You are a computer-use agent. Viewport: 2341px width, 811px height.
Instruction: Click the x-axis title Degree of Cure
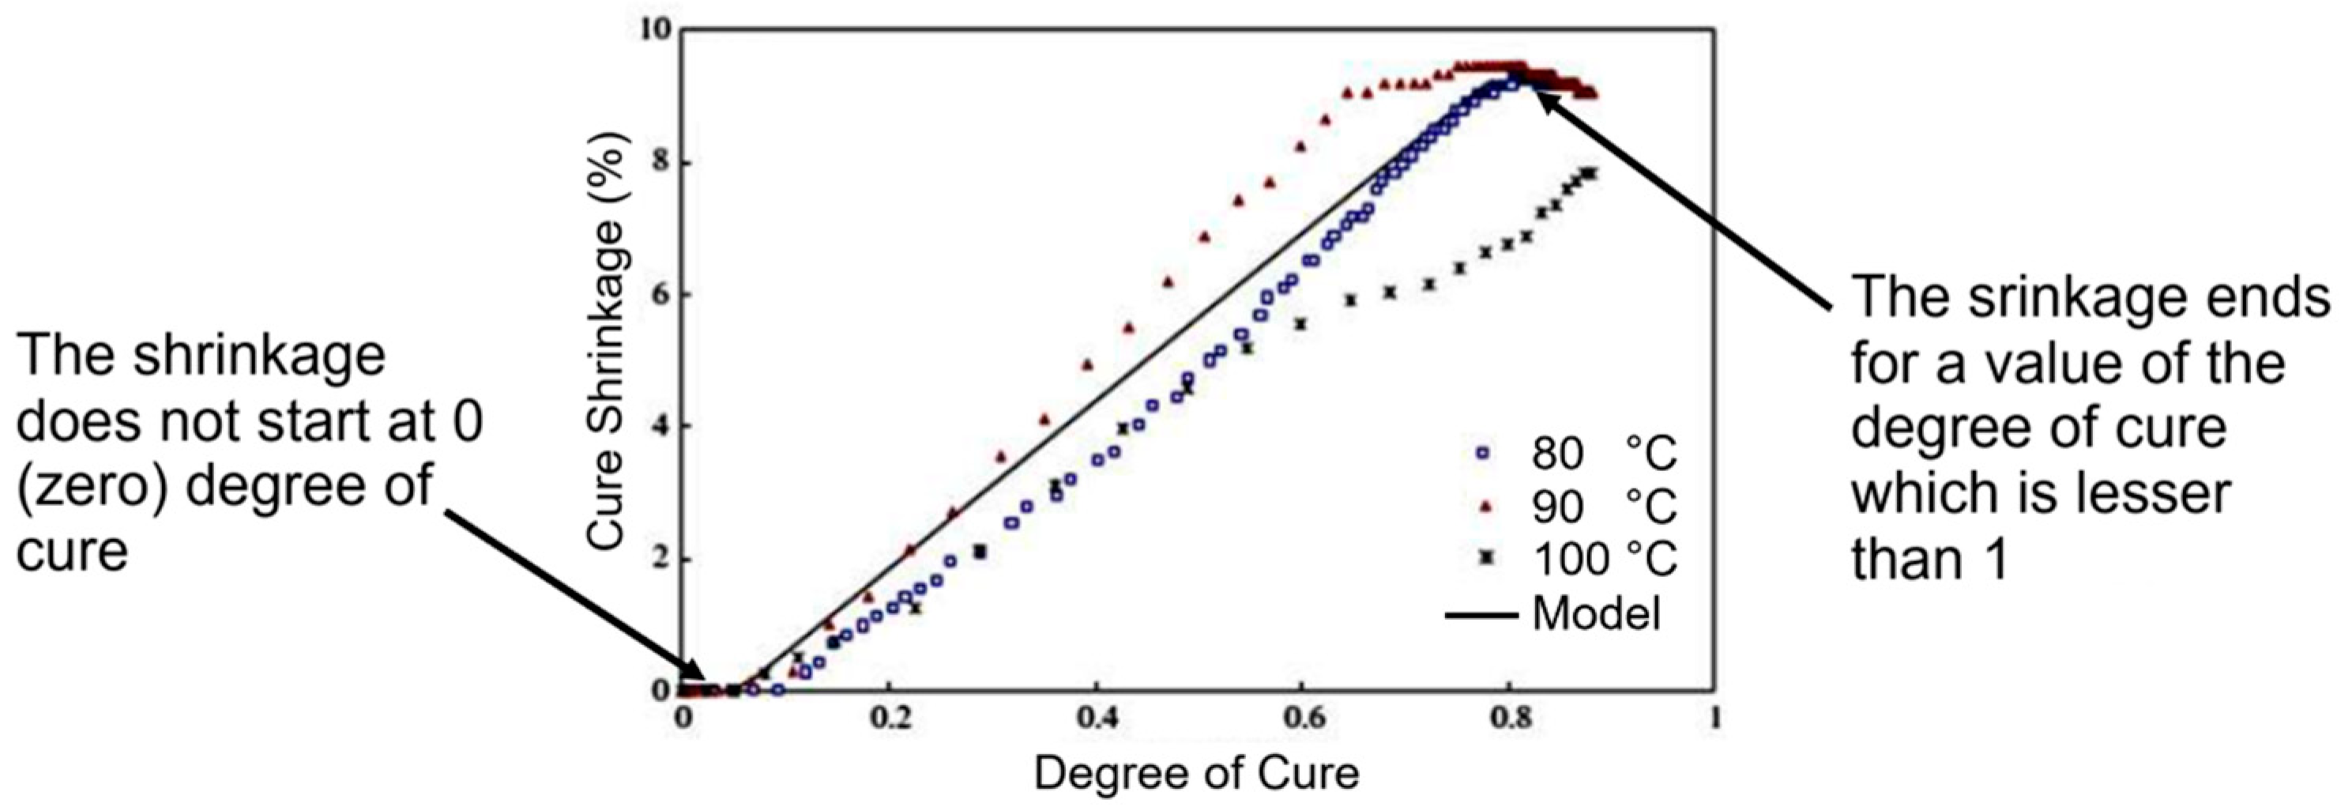pyautogui.click(x=1196, y=774)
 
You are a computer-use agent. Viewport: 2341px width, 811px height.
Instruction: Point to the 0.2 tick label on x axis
pyautogui.click(x=890, y=719)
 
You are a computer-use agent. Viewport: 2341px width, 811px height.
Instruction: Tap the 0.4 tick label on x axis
pyautogui.click(x=1096, y=719)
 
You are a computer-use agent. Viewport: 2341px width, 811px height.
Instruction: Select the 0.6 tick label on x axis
pyautogui.click(x=1302, y=719)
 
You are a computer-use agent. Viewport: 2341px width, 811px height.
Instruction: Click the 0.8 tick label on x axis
pyautogui.click(x=1508, y=719)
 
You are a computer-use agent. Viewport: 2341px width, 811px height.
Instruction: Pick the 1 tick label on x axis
pyautogui.click(x=1714, y=719)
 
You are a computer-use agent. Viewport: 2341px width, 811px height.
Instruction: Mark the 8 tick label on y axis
pyautogui.click(x=661, y=164)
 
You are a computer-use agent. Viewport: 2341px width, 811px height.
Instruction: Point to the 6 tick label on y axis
pyautogui.click(x=661, y=296)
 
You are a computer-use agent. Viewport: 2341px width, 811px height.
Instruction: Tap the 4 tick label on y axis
pyautogui.click(x=661, y=426)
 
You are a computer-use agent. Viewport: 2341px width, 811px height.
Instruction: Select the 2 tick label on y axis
pyautogui.click(x=661, y=558)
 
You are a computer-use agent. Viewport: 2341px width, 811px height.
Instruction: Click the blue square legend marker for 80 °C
pyautogui.click(x=1482, y=453)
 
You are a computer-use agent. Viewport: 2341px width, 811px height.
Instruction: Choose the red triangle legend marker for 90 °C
pyautogui.click(x=1482, y=506)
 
